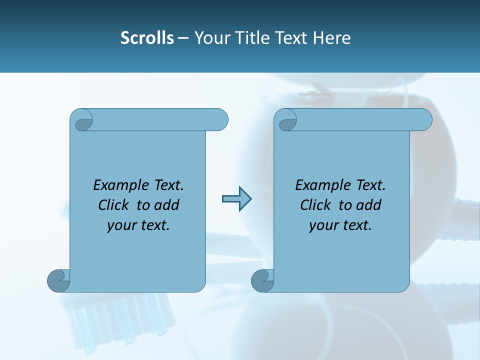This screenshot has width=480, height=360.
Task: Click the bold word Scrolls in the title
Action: click(147, 37)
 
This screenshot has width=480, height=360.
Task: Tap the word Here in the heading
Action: click(331, 37)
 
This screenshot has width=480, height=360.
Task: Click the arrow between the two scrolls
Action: click(236, 199)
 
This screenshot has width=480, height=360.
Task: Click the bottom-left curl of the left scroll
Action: click(58, 280)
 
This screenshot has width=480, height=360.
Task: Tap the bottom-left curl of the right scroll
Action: click(262, 280)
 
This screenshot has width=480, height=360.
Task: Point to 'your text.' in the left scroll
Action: click(138, 225)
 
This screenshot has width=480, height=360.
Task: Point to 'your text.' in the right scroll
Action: click(340, 225)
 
